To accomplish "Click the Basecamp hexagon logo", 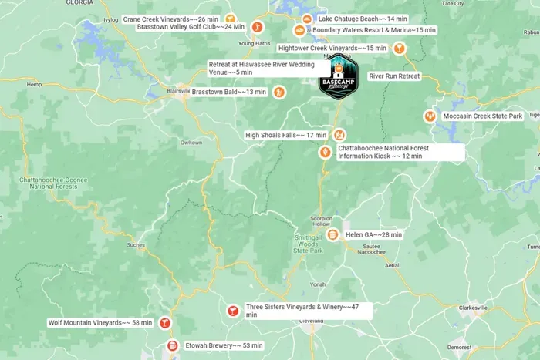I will coord(339,79).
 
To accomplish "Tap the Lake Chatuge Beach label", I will coord(363,18).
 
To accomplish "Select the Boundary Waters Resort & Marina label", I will coord(373,30).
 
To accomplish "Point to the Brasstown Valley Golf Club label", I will coord(191,27).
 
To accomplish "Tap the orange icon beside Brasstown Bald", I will coord(279,93).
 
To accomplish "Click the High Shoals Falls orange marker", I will coord(339,135).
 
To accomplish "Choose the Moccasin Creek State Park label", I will coord(483,116).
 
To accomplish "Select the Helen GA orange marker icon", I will coord(332,234).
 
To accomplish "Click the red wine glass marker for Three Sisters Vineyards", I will coord(231,311).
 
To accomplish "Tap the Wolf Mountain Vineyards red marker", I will coord(165,323).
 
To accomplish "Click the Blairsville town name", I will coord(178,92).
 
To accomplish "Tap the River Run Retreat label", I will coord(394,76).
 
